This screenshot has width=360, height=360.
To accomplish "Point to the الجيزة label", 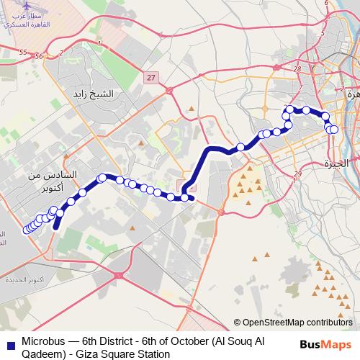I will pos(336,163).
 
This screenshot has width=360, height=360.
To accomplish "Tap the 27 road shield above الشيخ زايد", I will pos(149,78).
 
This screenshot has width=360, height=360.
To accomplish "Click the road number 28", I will pos(297,68).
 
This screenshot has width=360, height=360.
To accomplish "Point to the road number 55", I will pos(23,53).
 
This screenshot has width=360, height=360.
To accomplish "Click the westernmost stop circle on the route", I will pos(27,230).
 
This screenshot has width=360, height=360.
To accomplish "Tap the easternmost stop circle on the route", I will pos(334,130).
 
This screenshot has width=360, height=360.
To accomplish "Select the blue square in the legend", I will pos(9,342).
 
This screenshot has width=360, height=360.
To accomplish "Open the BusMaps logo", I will pos(326,345).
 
